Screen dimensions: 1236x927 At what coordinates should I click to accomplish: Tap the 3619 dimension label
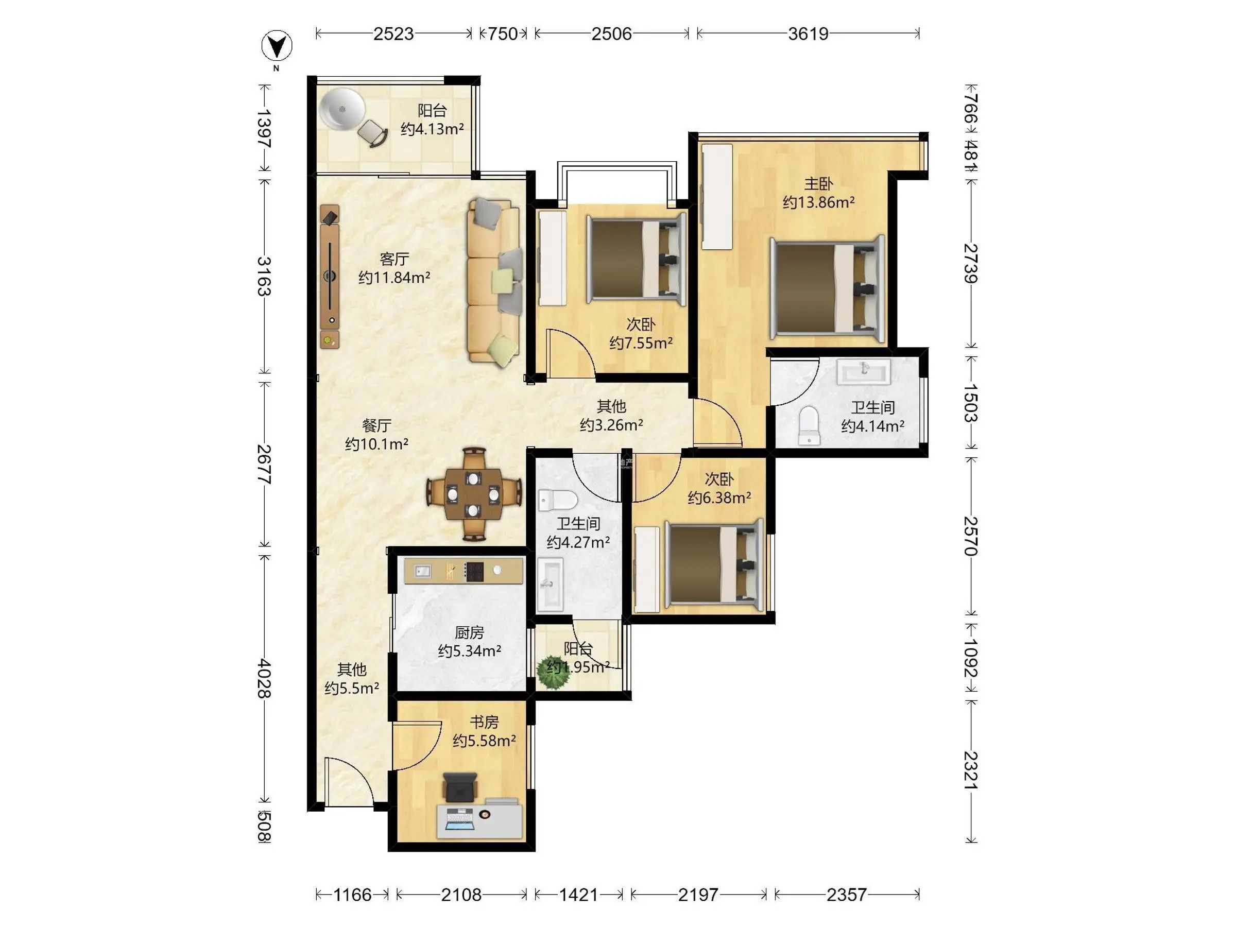808,34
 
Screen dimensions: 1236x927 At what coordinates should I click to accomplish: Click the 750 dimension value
502,34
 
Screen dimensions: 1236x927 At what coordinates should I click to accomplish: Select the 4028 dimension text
264,678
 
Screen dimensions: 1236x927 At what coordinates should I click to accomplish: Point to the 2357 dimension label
846,895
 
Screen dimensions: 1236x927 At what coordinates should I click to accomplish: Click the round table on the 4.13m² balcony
342,109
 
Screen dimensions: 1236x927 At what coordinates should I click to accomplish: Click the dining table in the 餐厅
474,494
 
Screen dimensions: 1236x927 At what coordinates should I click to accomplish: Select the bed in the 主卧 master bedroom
827,288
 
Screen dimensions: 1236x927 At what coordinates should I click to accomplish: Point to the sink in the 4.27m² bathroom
550,584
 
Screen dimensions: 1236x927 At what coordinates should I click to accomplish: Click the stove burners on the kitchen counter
474,571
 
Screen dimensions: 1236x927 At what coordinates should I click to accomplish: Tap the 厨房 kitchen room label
469,632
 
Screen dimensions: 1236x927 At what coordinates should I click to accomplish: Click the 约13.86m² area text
819,202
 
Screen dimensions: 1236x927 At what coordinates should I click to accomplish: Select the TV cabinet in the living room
330,277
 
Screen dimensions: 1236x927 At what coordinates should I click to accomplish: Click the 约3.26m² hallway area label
611,425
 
